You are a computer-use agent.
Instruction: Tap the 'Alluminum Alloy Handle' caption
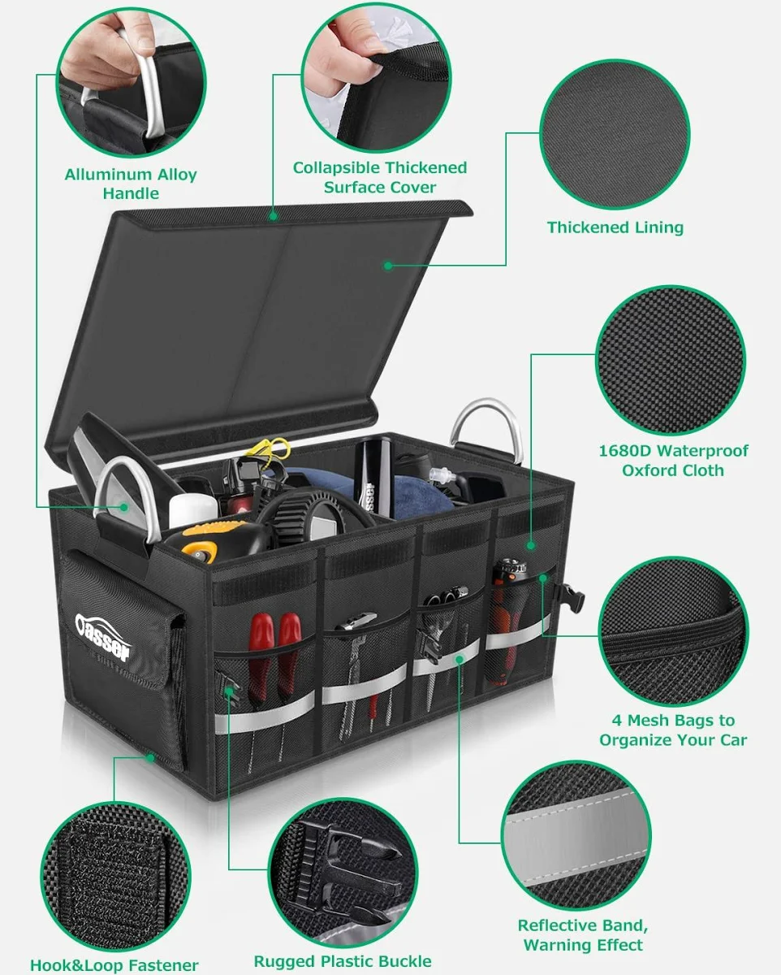(x=131, y=184)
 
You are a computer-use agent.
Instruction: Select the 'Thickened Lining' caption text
(x=615, y=227)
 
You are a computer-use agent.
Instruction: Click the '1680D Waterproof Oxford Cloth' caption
(x=673, y=461)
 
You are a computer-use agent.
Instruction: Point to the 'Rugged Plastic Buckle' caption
(x=343, y=961)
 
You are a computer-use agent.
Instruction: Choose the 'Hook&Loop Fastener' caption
(x=114, y=965)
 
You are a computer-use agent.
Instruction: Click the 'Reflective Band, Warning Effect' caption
(x=583, y=935)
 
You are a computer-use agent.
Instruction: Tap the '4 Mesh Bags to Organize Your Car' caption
(x=673, y=730)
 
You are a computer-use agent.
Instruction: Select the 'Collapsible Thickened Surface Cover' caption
(x=380, y=177)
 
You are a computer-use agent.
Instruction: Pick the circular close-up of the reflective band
(x=576, y=835)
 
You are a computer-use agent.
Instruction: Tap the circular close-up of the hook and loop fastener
(x=115, y=877)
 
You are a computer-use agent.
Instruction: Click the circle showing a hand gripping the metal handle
(x=132, y=82)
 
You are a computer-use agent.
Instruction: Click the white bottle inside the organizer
(x=193, y=510)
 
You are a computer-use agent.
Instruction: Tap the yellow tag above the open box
(x=268, y=448)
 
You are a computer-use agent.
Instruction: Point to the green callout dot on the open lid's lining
(x=388, y=266)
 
